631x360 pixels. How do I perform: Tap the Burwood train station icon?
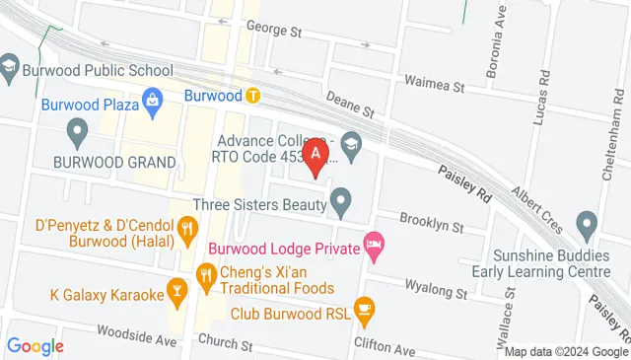tap(253, 97)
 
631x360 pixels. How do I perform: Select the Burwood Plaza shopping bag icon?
tap(153, 99)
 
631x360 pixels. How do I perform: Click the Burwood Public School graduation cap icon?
tap(10, 66)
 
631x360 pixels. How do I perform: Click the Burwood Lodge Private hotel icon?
tap(374, 243)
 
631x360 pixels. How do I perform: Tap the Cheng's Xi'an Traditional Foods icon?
tap(206, 273)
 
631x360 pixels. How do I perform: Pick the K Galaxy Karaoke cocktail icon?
tap(176, 290)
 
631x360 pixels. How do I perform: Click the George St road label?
tap(273, 31)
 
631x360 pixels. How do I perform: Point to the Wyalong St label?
tap(435, 291)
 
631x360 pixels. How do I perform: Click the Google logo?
tap(35, 346)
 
